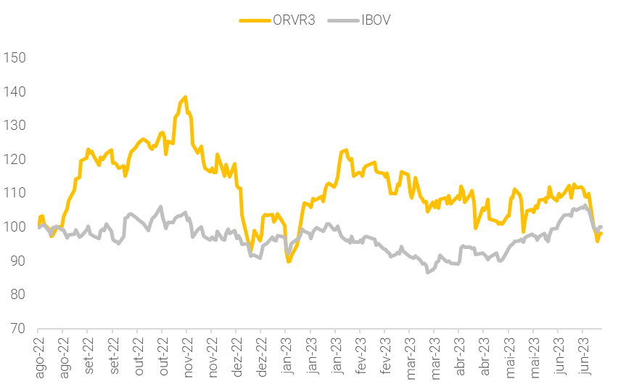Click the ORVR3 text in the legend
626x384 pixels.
point(295,20)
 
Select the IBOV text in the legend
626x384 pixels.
point(376,20)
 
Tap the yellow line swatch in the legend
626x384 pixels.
point(255,20)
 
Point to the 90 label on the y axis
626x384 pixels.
point(17,261)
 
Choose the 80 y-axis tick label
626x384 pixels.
point(17,295)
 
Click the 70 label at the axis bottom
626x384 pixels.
point(17,328)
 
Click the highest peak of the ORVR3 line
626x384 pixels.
point(186,97)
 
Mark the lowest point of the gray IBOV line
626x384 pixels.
point(428,272)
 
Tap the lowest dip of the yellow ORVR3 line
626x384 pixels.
point(289,261)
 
